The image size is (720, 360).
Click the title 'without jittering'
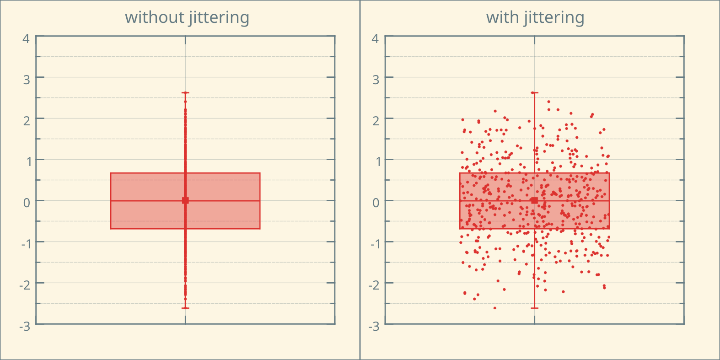[187, 17]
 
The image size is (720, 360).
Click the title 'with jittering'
[535, 17]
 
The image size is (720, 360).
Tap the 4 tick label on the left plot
[26, 38]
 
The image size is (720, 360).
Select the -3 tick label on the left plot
[25, 326]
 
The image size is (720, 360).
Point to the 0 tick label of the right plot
[376, 203]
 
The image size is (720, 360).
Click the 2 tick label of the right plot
[376, 121]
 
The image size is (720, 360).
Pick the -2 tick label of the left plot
[25, 285]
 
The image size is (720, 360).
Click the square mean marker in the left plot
[185, 200]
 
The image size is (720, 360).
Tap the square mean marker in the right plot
[534, 200]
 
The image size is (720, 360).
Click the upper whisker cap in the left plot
[185, 93]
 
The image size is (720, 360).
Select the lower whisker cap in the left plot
[185, 308]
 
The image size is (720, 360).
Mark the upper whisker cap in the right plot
[534, 93]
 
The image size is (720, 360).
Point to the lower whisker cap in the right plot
[534, 308]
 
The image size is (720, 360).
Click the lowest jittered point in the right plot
[494, 308]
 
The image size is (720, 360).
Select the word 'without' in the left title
[154, 17]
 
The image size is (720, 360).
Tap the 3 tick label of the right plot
[376, 80]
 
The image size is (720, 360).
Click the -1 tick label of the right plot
[374, 244]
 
